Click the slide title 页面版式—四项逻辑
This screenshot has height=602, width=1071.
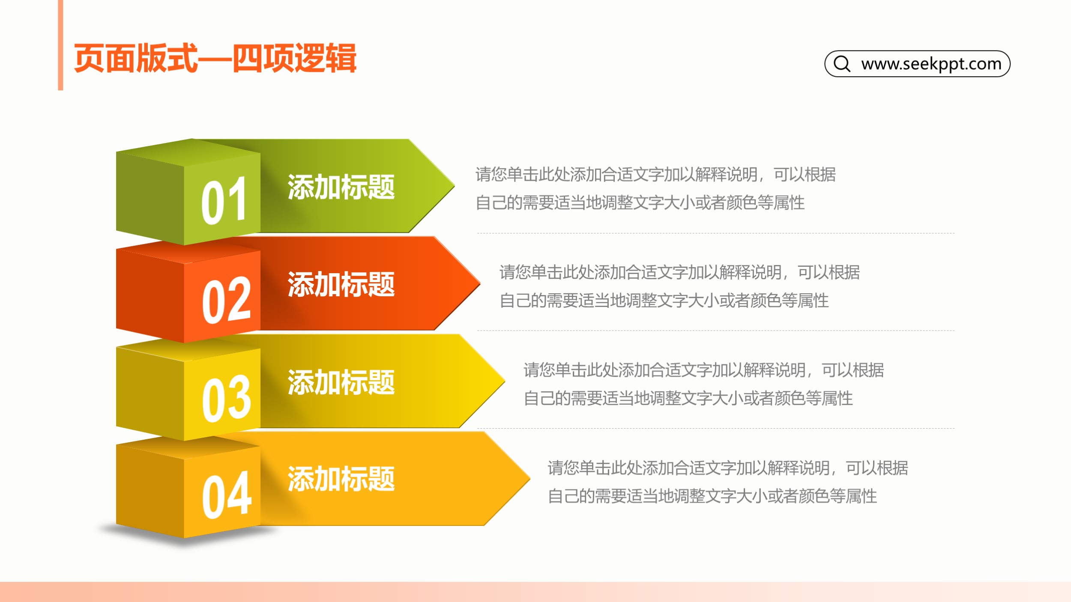point(215,58)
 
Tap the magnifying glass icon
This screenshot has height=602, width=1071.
point(842,63)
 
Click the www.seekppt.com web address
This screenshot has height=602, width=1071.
point(931,64)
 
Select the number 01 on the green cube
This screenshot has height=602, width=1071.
point(224,201)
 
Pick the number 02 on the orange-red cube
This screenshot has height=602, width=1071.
point(226,299)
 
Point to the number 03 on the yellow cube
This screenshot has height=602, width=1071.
point(226,398)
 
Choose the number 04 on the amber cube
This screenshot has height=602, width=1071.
point(227,495)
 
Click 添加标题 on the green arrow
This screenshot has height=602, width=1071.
point(341,187)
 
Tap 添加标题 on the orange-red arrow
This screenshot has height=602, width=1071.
point(341,284)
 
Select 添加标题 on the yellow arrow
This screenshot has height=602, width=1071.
point(341,382)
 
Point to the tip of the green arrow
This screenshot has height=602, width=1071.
point(454,186)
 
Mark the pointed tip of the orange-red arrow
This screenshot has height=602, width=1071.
point(480,283)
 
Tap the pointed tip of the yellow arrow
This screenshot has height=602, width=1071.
point(505,381)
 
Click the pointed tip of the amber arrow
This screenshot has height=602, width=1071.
point(530,478)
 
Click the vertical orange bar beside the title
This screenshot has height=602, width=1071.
point(60,45)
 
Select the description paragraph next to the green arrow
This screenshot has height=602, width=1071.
point(655,188)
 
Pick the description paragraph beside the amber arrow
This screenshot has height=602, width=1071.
point(728,482)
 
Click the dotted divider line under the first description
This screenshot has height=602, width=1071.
point(716,233)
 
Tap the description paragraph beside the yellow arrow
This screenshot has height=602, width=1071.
point(704,384)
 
